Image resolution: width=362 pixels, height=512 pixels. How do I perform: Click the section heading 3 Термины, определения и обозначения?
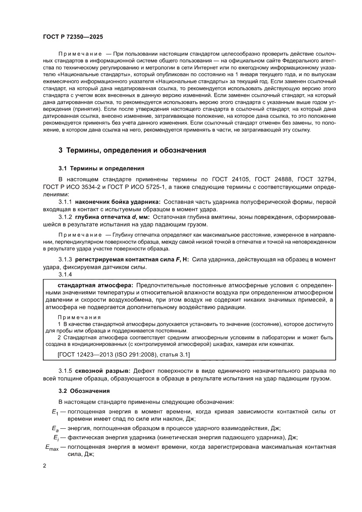click(x=132, y=150)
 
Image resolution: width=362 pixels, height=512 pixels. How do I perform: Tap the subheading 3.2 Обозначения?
click(x=84, y=390)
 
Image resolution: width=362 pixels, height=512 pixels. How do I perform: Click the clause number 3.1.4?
click(x=66, y=275)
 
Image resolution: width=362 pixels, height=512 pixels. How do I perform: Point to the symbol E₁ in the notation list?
click(x=54, y=411)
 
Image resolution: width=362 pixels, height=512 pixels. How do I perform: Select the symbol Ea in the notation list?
click(x=55, y=428)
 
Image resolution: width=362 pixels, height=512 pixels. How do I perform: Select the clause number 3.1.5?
click(x=66, y=370)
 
